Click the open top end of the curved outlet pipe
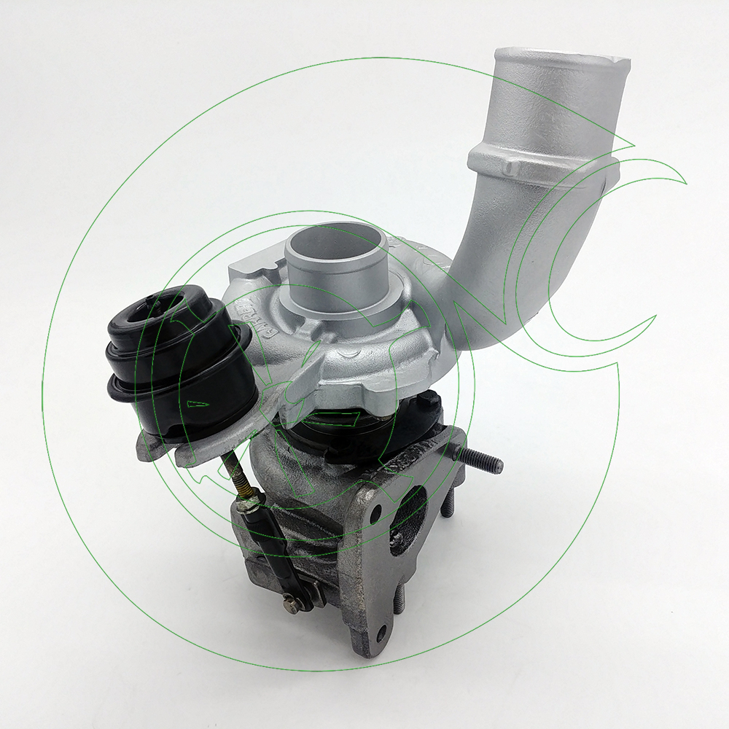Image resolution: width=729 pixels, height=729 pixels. (558, 62)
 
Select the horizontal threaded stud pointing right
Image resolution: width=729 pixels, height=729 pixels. (477, 459)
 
